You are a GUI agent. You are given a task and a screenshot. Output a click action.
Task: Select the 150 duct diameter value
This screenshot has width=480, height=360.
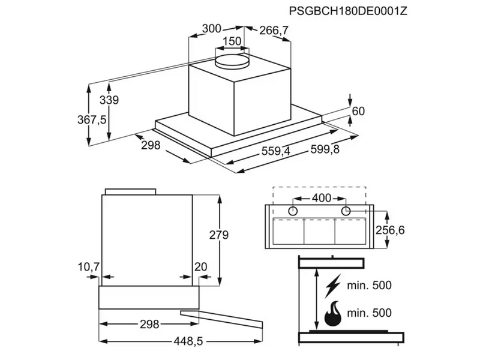[231, 41]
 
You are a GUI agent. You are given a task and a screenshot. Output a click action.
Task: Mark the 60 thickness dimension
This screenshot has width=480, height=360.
[358, 110]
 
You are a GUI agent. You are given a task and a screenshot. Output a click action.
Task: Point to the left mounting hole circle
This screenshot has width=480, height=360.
[294, 211]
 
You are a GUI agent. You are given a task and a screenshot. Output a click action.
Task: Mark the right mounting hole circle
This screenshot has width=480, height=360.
[346, 211]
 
